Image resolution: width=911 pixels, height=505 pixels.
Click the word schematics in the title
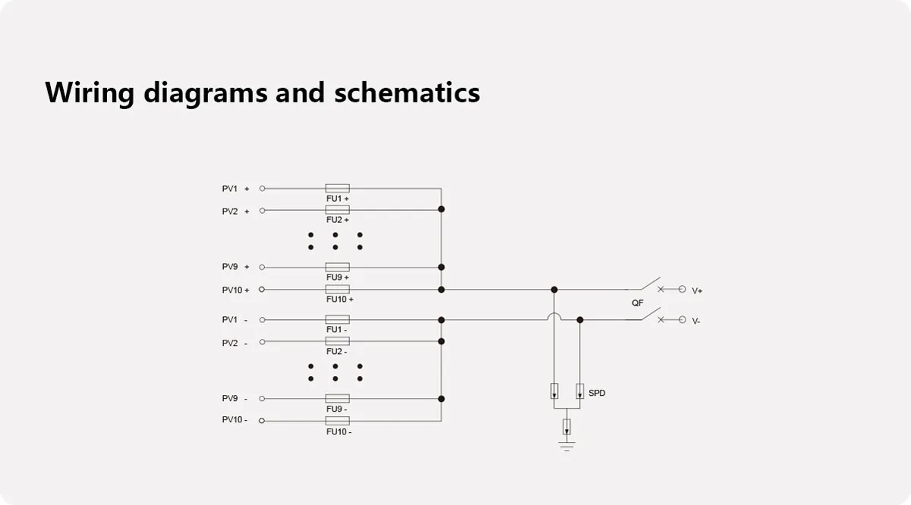click(x=407, y=93)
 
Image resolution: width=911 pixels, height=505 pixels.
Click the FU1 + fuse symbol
click(x=337, y=188)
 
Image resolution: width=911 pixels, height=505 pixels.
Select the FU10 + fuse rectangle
click(x=337, y=290)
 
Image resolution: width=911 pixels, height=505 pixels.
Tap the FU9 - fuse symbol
click(x=337, y=398)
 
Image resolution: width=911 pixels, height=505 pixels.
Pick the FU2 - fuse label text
click(x=337, y=352)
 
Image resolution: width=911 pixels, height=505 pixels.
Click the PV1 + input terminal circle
click(x=263, y=188)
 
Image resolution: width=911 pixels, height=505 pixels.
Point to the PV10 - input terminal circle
click(x=263, y=420)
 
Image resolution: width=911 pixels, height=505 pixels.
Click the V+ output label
click(x=697, y=290)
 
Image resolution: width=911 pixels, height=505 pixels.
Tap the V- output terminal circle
click(x=682, y=320)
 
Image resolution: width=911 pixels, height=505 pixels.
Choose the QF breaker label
click(x=638, y=303)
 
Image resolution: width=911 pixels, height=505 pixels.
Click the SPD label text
click(x=597, y=393)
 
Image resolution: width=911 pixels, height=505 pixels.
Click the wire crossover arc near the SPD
click(x=554, y=316)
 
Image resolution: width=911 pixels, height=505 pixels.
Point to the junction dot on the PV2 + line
click(x=441, y=209)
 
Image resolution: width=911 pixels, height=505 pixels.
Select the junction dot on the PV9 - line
click(x=441, y=398)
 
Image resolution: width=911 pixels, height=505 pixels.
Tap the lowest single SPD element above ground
click(x=566, y=426)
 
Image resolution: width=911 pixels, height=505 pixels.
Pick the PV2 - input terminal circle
click(x=263, y=342)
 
